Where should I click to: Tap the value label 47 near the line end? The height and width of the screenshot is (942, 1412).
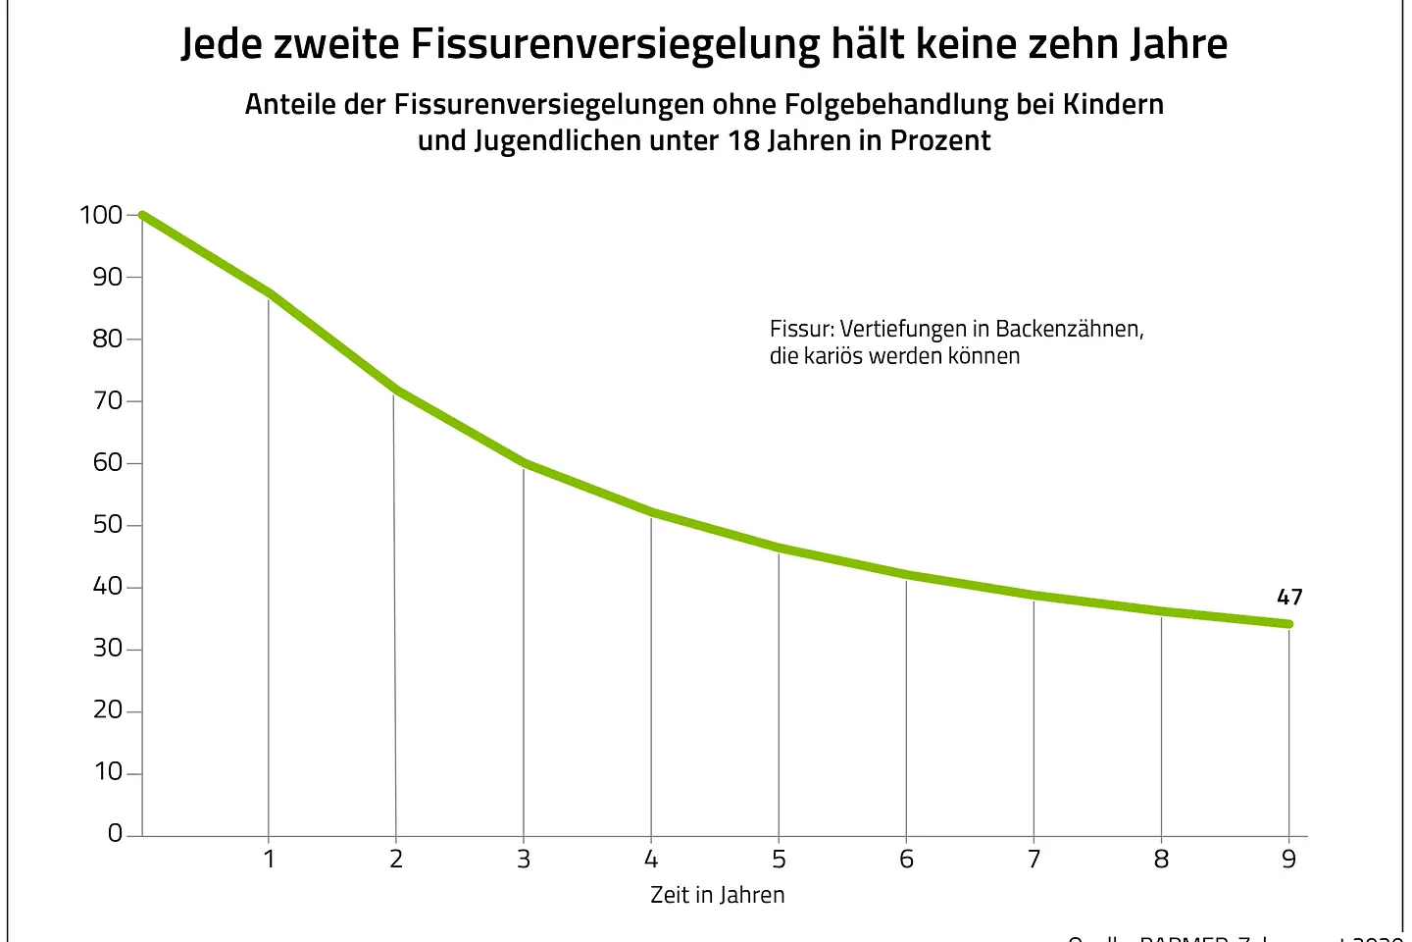[1289, 597]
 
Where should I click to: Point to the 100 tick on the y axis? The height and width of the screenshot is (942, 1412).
[101, 215]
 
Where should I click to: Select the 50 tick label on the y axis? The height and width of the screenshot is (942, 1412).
[108, 525]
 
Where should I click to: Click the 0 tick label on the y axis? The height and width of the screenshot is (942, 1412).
[116, 834]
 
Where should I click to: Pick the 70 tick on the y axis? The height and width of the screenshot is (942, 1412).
[108, 401]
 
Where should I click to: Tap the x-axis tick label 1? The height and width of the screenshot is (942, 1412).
[269, 860]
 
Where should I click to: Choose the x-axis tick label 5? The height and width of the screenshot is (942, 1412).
[779, 860]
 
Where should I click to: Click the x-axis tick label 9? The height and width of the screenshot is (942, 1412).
[1288, 860]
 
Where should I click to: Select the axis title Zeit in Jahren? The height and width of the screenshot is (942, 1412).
[718, 895]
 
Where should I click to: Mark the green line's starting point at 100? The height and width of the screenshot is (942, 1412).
[143, 216]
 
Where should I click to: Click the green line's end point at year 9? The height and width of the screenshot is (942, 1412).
[1288, 624]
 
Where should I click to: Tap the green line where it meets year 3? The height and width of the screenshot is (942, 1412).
[524, 462]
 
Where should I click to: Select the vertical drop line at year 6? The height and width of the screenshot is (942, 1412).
[906, 706]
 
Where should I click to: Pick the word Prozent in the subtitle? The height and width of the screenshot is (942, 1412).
[940, 140]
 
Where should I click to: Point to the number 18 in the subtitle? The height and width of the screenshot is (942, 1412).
[742, 140]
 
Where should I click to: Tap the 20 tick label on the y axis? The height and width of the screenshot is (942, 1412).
[108, 710]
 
